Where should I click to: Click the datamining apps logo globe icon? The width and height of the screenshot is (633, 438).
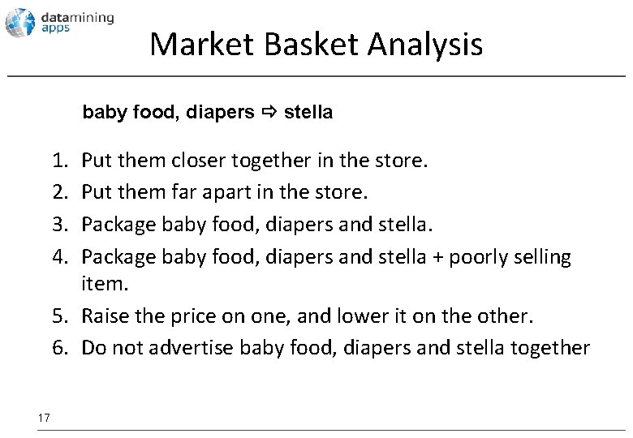[x=19, y=22]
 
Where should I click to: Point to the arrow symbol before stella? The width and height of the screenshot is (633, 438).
[x=269, y=112]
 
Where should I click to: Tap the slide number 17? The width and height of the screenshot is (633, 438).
[x=44, y=417]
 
